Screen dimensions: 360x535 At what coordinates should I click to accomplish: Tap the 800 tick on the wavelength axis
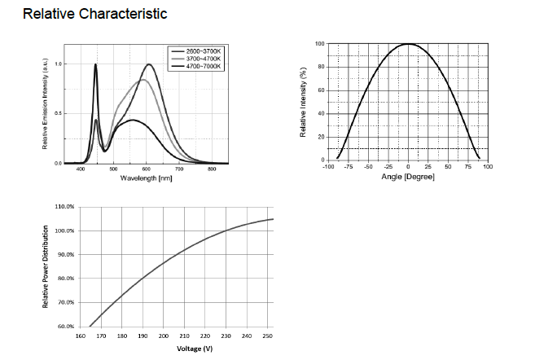pyautogui.click(x=213, y=169)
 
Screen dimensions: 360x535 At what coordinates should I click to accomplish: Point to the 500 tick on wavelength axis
pyautogui.click(x=113, y=169)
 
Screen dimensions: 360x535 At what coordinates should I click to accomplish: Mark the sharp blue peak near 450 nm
pyautogui.click(x=96, y=65)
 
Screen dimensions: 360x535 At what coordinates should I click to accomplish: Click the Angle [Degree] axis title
pyautogui.click(x=408, y=176)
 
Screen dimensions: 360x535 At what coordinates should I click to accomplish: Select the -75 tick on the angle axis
pyautogui.click(x=348, y=167)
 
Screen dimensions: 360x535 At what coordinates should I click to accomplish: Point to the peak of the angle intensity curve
pyautogui.click(x=408, y=44)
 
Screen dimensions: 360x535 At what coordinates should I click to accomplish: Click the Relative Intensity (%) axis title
pyautogui.click(x=304, y=102)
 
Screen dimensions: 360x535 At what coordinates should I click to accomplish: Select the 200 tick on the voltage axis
pyautogui.click(x=164, y=334)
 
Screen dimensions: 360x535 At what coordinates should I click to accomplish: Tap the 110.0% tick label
pyautogui.click(x=64, y=207)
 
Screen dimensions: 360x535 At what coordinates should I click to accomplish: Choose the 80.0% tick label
pyautogui.click(x=64, y=278)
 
